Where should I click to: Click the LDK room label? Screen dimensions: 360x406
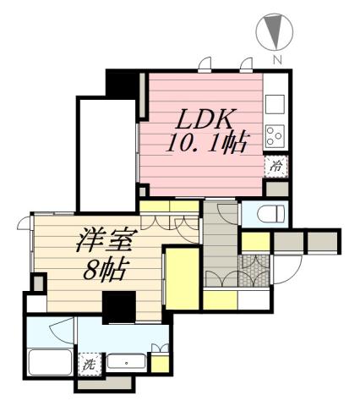pyautogui.click(x=206, y=119)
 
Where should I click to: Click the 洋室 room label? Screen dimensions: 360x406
pyautogui.click(x=106, y=240)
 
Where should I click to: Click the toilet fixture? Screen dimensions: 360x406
pyautogui.click(x=271, y=214)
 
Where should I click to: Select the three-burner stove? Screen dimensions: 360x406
pyautogui.click(x=275, y=136)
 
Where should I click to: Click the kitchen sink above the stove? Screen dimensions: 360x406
pyautogui.click(x=275, y=104)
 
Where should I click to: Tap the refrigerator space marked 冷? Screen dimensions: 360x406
pyautogui.click(x=275, y=167)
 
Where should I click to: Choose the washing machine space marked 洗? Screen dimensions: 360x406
pyautogui.click(x=90, y=365)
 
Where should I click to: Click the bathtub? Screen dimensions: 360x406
pyautogui.click(x=50, y=363)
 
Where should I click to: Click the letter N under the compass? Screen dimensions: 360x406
pyautogui.click(x=277, y=59)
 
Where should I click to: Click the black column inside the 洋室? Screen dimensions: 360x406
pyautogui.click(x=119, y=307)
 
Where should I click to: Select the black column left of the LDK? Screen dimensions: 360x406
pyautogui.click(x=123, y=84)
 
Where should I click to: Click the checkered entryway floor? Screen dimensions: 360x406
pyautogui.click(x=254, y=271)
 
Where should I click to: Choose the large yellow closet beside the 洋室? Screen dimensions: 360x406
pyautogui.click(x=183, y=278)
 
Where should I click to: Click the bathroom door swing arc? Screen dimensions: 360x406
pyautogui.click(x=61, y=332)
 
